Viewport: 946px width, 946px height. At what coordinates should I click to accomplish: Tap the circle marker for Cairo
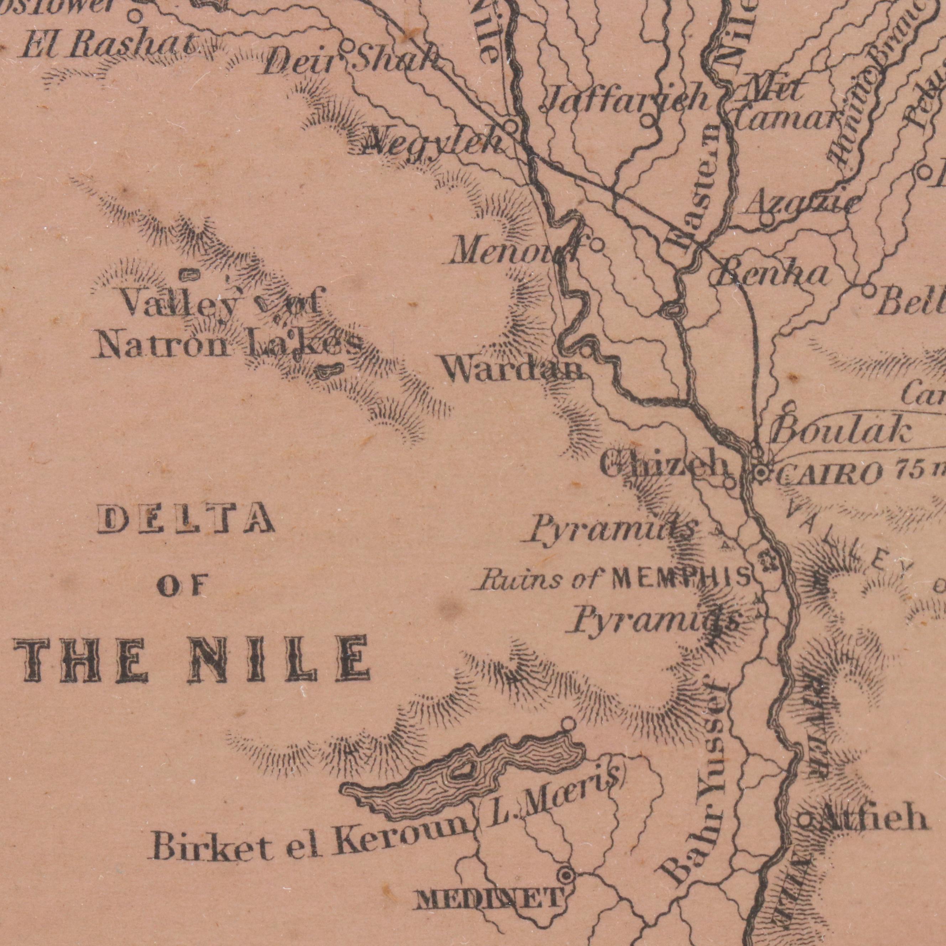click(x=760, y=473)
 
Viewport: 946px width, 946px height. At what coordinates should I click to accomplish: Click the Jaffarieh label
click(x=627, y=98)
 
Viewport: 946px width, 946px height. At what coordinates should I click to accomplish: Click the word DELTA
click(x=186, y=520)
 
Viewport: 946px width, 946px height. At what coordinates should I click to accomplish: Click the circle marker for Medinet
click(x=567, y=874)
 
